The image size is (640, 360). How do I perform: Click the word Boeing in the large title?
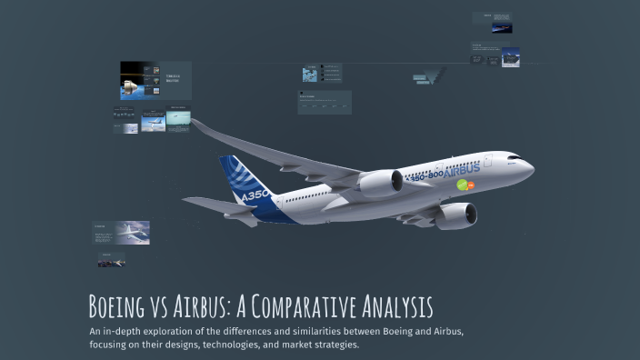pos(121,306)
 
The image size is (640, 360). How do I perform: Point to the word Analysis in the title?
pos(399,306)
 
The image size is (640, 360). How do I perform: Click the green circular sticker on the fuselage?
pos(462,185)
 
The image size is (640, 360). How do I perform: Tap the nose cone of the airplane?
pos(530,168)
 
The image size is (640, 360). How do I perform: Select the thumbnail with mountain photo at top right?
pos(510,56)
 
